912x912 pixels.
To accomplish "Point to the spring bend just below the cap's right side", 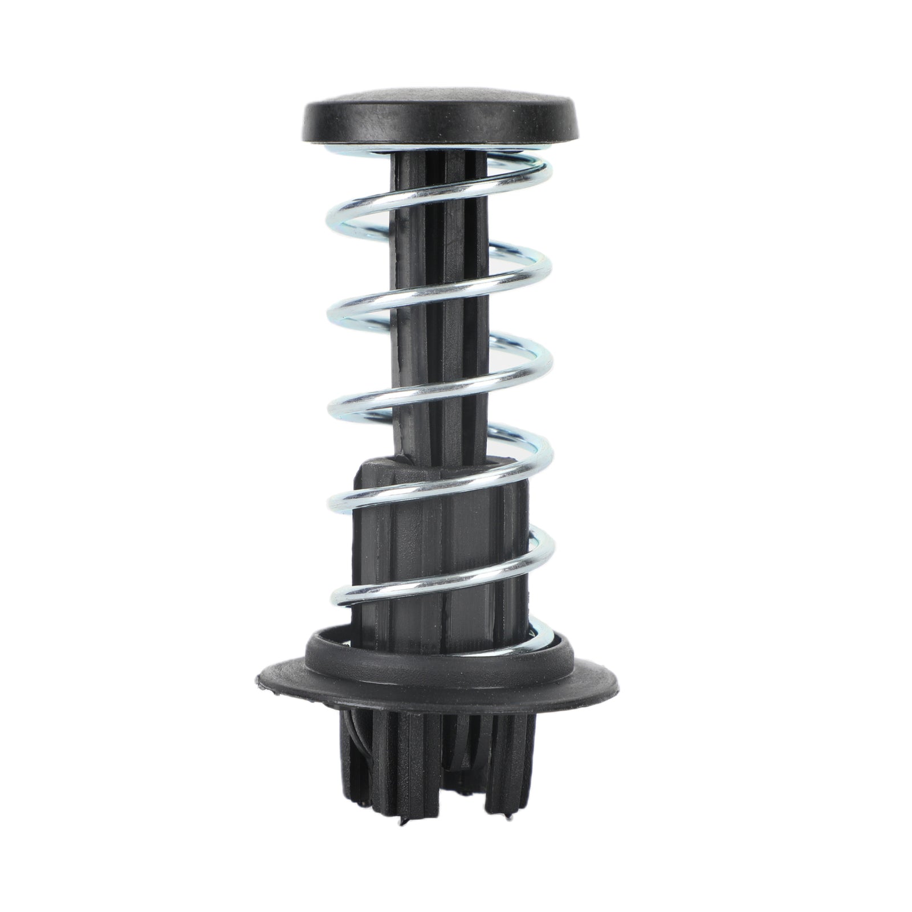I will pos(547,171).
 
